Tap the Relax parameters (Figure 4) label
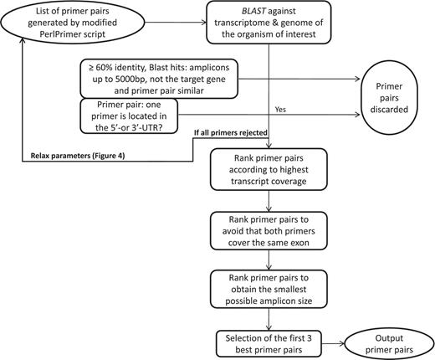71,157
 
